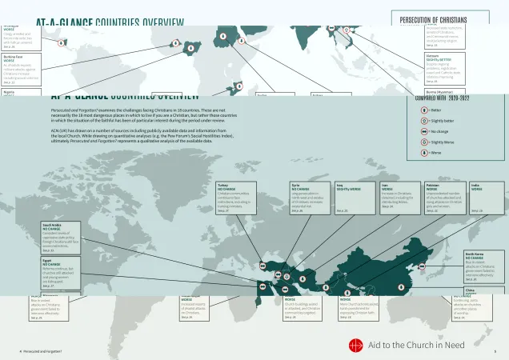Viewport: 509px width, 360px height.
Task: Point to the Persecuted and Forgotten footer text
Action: pyautogui.click(x=42, y=351)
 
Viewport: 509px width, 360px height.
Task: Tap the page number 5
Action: pyautogui.click(x=495, y=351)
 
